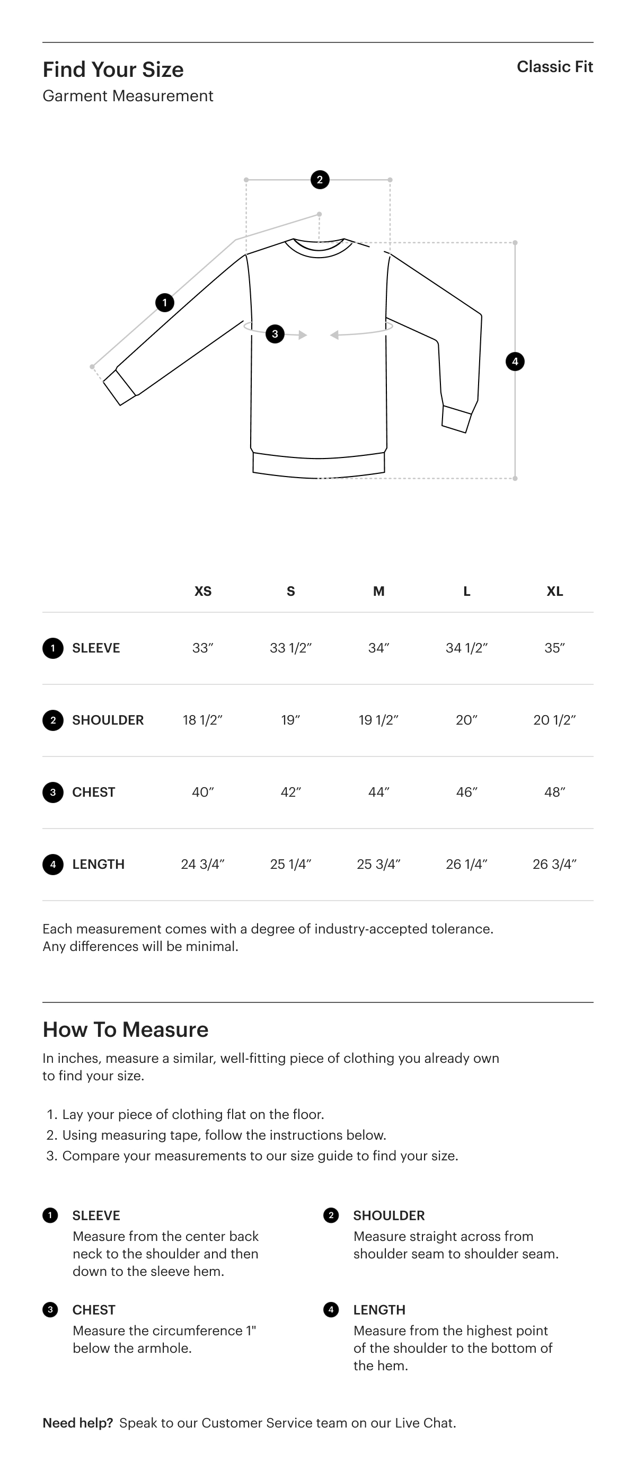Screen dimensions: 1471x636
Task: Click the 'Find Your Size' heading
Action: click(113, 69)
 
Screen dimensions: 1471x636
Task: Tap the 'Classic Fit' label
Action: click(554, 67)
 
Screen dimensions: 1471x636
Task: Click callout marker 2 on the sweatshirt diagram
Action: click(320, 180)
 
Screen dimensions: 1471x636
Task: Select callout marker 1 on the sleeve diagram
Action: click(165, 302)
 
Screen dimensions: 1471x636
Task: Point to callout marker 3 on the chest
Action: click(275, 333)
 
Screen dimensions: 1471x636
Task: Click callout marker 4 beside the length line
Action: click(515, 362)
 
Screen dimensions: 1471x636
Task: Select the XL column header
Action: click(554, 591)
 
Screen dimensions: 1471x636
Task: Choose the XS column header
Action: click(202, 591)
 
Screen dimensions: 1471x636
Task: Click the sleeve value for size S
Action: click(290, 648)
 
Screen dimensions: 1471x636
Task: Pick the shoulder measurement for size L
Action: click(466, 720)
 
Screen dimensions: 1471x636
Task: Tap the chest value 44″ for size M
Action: click(378, 792)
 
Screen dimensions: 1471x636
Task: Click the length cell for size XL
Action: click(554, 864)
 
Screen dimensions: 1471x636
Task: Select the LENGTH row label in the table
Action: click(98, 864)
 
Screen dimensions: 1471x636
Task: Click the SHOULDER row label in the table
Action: click(108, 720)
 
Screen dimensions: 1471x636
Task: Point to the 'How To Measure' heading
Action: click(126, 1029)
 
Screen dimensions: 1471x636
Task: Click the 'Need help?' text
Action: click(77, 1423)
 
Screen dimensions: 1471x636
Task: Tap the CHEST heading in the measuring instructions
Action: click(94, 1309)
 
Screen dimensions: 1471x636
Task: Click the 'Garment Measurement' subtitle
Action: click(128, 96)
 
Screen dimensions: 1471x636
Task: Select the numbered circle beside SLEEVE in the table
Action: click(53, 648)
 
